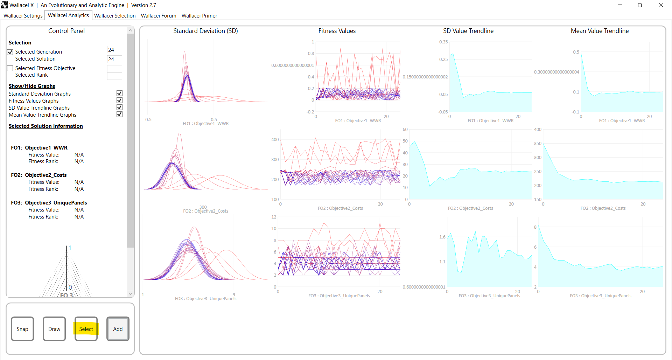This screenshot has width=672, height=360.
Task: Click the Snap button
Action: [22, 329]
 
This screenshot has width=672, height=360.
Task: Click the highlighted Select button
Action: [86, 329]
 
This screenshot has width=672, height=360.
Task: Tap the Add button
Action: [118, 329]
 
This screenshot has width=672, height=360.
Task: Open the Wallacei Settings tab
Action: [23, 16]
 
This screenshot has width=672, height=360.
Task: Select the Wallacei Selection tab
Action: [115, 16]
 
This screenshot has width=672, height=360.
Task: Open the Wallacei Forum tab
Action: [159, 16]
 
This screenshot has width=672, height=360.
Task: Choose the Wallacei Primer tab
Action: [199, 16]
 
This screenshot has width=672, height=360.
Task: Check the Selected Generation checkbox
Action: [10, 52]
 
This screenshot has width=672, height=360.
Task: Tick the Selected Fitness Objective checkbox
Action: [10, 68]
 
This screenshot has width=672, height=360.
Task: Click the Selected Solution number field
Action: [114, 59]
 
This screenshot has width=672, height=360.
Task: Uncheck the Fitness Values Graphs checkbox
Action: [119, 101]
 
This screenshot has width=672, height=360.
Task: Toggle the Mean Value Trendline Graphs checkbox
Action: [119, 115]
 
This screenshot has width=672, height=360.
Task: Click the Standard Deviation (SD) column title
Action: [205, 31]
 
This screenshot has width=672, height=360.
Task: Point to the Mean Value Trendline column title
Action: [600, 31]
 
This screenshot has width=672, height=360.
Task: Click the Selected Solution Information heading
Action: [46, 126]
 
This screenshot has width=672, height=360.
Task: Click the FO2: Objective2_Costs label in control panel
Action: [39, 175]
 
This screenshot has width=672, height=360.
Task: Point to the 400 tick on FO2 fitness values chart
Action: [275, 140]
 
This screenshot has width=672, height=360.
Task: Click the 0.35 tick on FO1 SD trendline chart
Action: [443, 42]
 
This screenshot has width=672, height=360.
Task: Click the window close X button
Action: [660, 5]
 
